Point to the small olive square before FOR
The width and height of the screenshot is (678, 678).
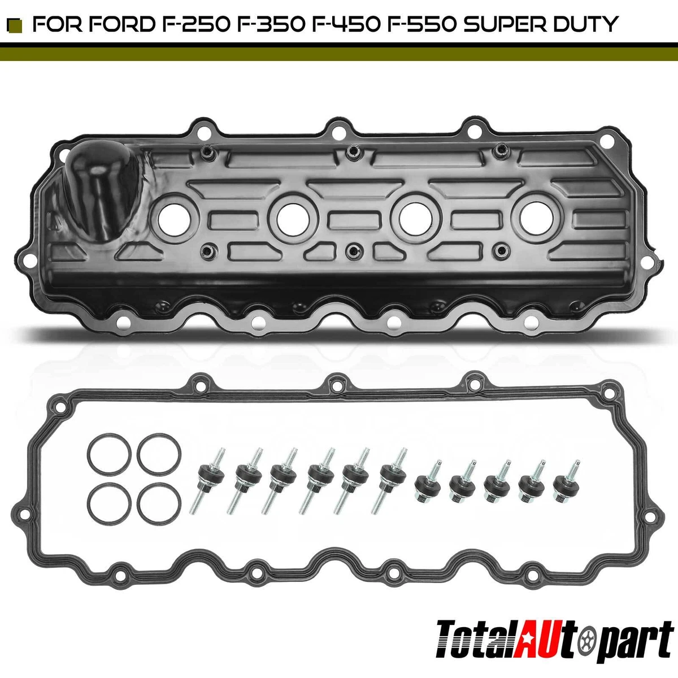tap(17, 25)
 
